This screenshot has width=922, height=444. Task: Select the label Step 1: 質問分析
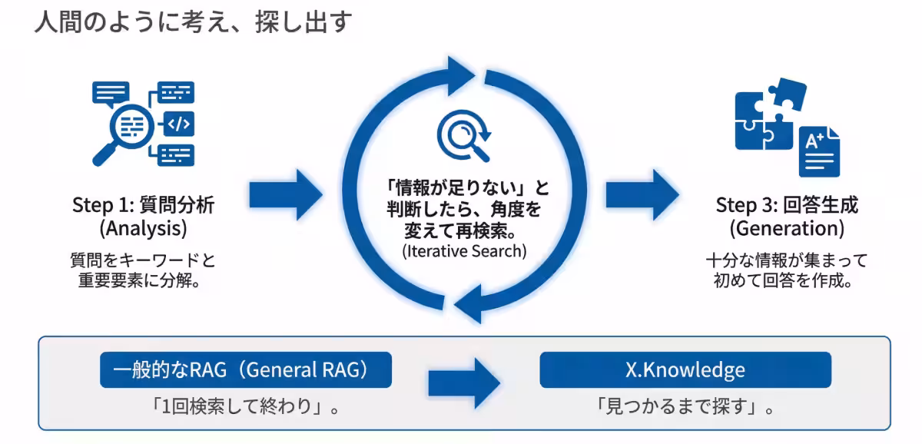click(143, 204)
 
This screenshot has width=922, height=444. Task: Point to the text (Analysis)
click(143, 228)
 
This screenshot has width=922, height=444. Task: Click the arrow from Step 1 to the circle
click(285, 194)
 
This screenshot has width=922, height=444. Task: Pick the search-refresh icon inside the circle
click(463, 136)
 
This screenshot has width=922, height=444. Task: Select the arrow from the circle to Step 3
click(641, 194)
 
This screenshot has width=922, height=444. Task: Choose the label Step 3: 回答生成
click(786, 205)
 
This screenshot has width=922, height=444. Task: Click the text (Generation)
click(786, 228)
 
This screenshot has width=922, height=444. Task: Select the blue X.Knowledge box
click(685, 369)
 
